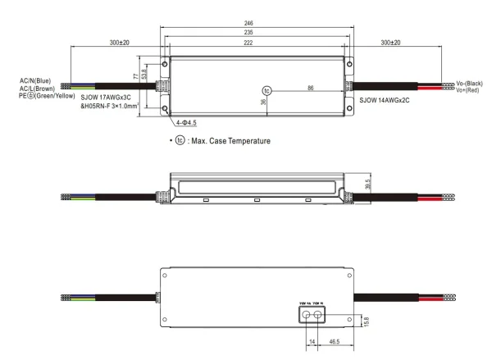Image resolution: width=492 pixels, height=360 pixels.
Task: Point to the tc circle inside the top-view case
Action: [x=266, y=89]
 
